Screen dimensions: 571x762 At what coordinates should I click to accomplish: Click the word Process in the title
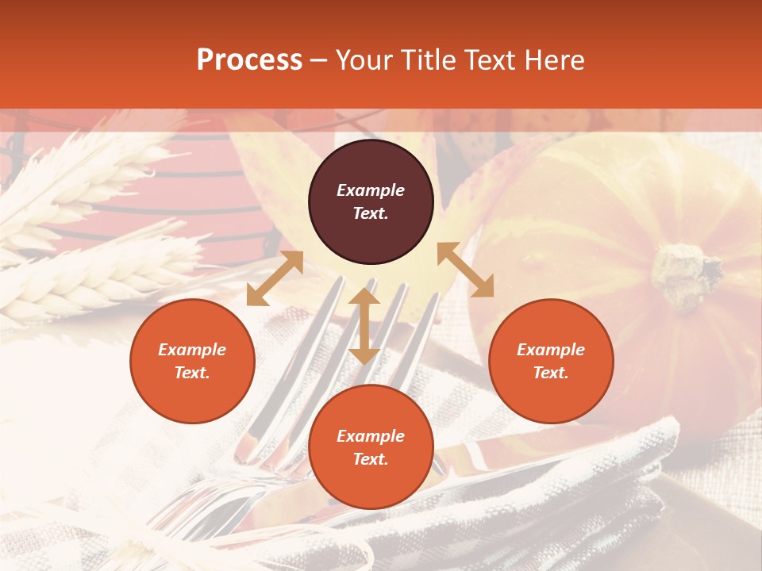pos(249,60)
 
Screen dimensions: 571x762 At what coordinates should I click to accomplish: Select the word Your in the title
pos(363,60)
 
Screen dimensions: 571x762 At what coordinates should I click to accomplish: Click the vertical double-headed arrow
pos(364,326)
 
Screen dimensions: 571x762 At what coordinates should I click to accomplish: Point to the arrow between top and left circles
pos(275,278)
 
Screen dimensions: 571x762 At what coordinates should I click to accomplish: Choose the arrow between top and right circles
pos(465,270)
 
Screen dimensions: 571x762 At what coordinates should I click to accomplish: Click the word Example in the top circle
pos(371,190)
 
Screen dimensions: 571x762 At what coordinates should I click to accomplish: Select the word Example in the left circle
pos(192,350)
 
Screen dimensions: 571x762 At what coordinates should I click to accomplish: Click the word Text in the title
pos(492,60)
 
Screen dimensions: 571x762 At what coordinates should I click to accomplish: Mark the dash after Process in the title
pos(319,61)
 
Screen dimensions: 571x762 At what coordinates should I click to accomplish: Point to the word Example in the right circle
pos(551,350)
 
